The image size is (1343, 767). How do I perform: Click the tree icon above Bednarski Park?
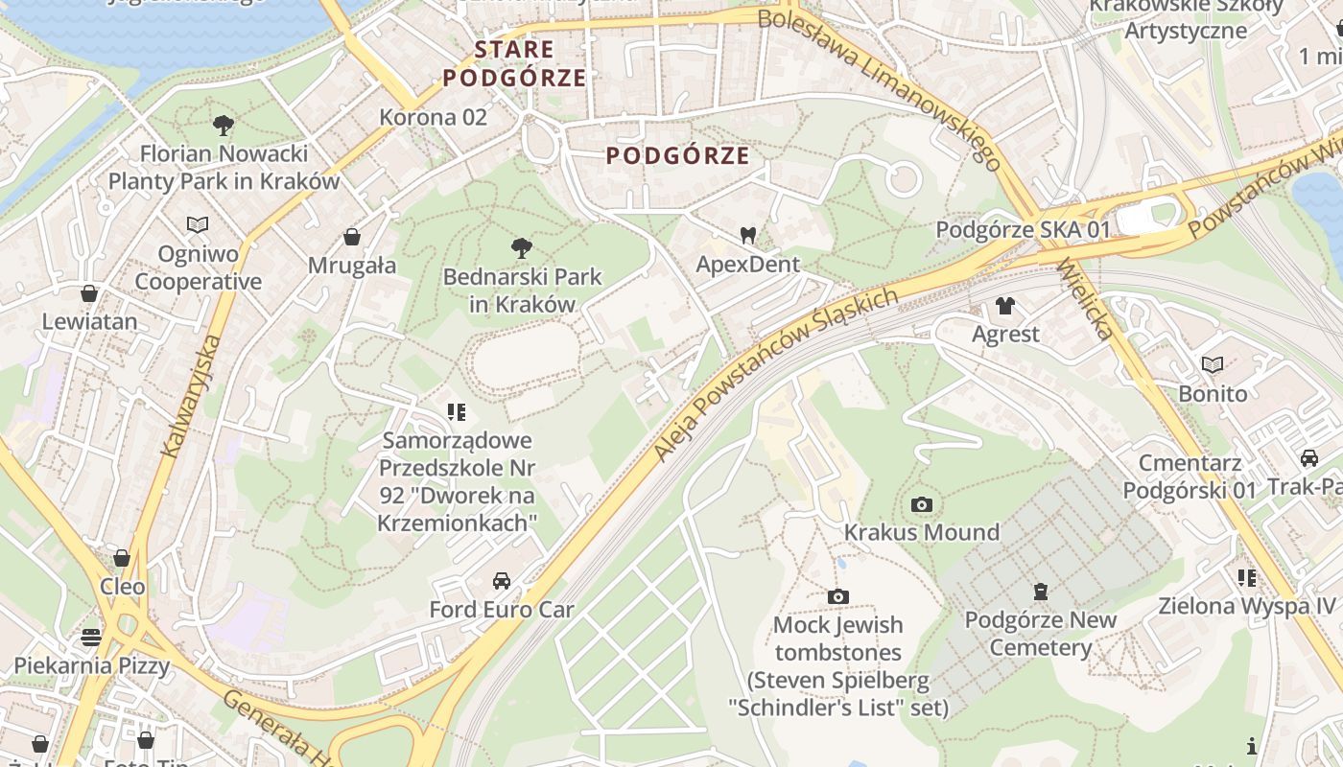pyautogui.click(x=522, y=248)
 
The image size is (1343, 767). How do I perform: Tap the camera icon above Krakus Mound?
pyautogui.click(x=921, y=504)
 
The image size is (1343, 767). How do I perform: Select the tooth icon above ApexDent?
pyautogui.click(x=748, y=234)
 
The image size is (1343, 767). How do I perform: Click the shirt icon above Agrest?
pyautogui.click(x=1004, y=306)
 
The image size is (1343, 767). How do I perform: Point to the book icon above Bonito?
pyautogui.click(x=1213, y=365)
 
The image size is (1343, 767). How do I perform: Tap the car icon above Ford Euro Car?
pyautogui.click(x=501, y=581)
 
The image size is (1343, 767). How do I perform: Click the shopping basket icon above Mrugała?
pyautogui.click(x=352, y=237)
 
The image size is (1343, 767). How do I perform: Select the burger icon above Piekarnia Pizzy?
pyautogui.click(x=91, y=637)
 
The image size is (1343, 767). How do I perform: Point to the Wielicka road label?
pyautogui.click(x=1088, y=299)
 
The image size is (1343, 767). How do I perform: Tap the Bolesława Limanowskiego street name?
pyautogui.click(x=879, y=87)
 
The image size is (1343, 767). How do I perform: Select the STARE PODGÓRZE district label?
pyautogui.click(x=514, y=63)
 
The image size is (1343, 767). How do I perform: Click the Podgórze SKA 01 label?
pyautogui.click(x=1023, y=230)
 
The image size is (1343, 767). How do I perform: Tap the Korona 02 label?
pyautogui.click(x=434, y=117)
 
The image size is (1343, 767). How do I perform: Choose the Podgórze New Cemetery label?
pyautogui.click(x=1041, y=634)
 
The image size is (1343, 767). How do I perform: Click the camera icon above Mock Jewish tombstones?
pyautogui.click(x=837, y=597)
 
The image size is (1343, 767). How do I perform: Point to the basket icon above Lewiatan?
pyautogui.click(x=89, y=293)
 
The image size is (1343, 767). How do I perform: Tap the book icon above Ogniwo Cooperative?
pyautogui.click(x=198, y=225)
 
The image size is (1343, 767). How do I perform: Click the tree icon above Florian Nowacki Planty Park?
pyautogui.click(x=224, y=125)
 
